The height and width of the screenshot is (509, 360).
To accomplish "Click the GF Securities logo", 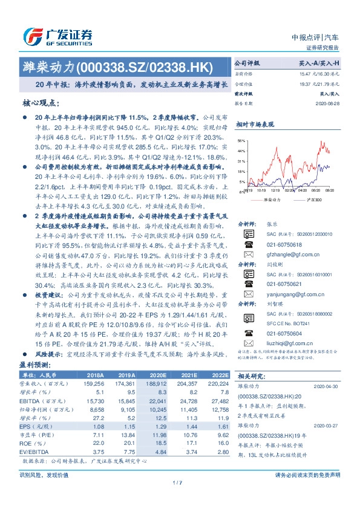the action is (57, 36).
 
